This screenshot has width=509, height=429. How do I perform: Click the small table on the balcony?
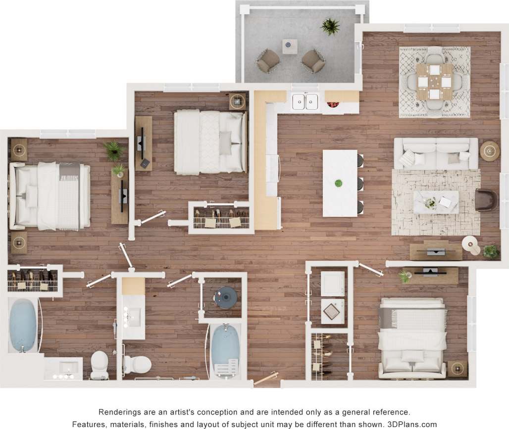coord(290,46)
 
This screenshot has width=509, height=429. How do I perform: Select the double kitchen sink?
coord(305,101)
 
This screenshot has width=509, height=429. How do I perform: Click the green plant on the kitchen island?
coord(339,184)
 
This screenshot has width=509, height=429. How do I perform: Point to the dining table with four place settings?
coord(434,81)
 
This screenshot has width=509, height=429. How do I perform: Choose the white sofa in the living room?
coord(436,153)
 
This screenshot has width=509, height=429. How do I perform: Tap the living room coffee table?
coord(436,202)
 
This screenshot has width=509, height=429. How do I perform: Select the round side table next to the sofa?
coord(490,150)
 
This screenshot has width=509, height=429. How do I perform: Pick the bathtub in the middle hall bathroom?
coord(225,350)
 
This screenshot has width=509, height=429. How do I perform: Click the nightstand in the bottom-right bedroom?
coord(458,369)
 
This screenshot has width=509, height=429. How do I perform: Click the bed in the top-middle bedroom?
coord(210,142)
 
